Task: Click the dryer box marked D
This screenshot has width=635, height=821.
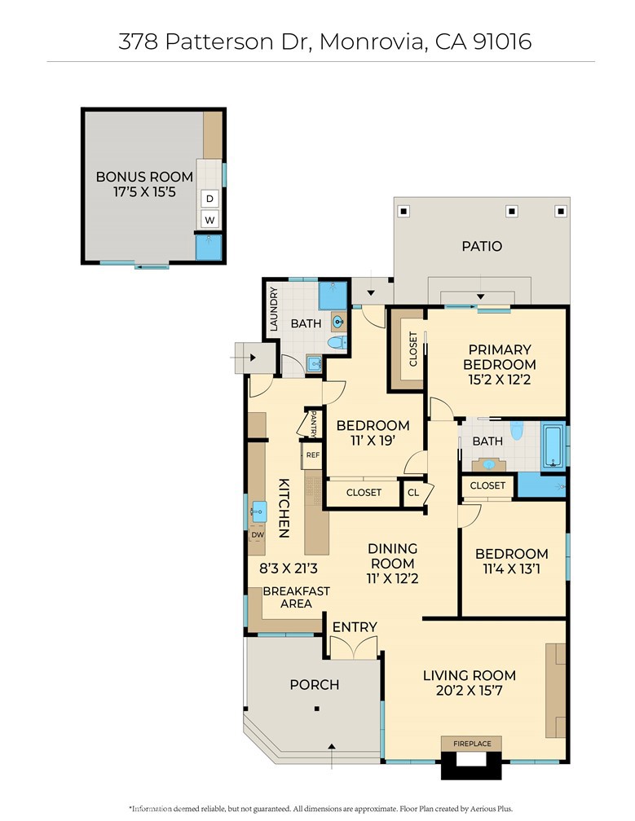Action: [x=209, y=199]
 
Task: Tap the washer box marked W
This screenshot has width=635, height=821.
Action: [x=209, y=220]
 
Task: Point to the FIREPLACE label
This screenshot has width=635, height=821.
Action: [x=472, y=744]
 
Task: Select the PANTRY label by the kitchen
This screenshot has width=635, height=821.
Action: [x=312, y=424]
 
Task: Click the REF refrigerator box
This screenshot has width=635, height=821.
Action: [x=313, y=455]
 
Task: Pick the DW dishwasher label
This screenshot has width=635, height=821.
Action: [x=258, y=535]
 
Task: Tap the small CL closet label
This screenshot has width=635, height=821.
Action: [x=413, y=493]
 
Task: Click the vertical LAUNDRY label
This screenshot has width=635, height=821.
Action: [x=273, y=309]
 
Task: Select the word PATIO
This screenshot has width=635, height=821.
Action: [x=481, y=246]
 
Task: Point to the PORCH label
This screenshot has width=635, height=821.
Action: [x=315, y=684]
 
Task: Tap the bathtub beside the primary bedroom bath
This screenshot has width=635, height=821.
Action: [x=553, y=446]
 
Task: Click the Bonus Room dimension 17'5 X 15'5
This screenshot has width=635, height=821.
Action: [x=144, y=193]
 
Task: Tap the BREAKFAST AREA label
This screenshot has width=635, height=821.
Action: [x=296, y=597]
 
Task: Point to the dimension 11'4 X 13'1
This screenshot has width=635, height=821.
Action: [x=512, y=569]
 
